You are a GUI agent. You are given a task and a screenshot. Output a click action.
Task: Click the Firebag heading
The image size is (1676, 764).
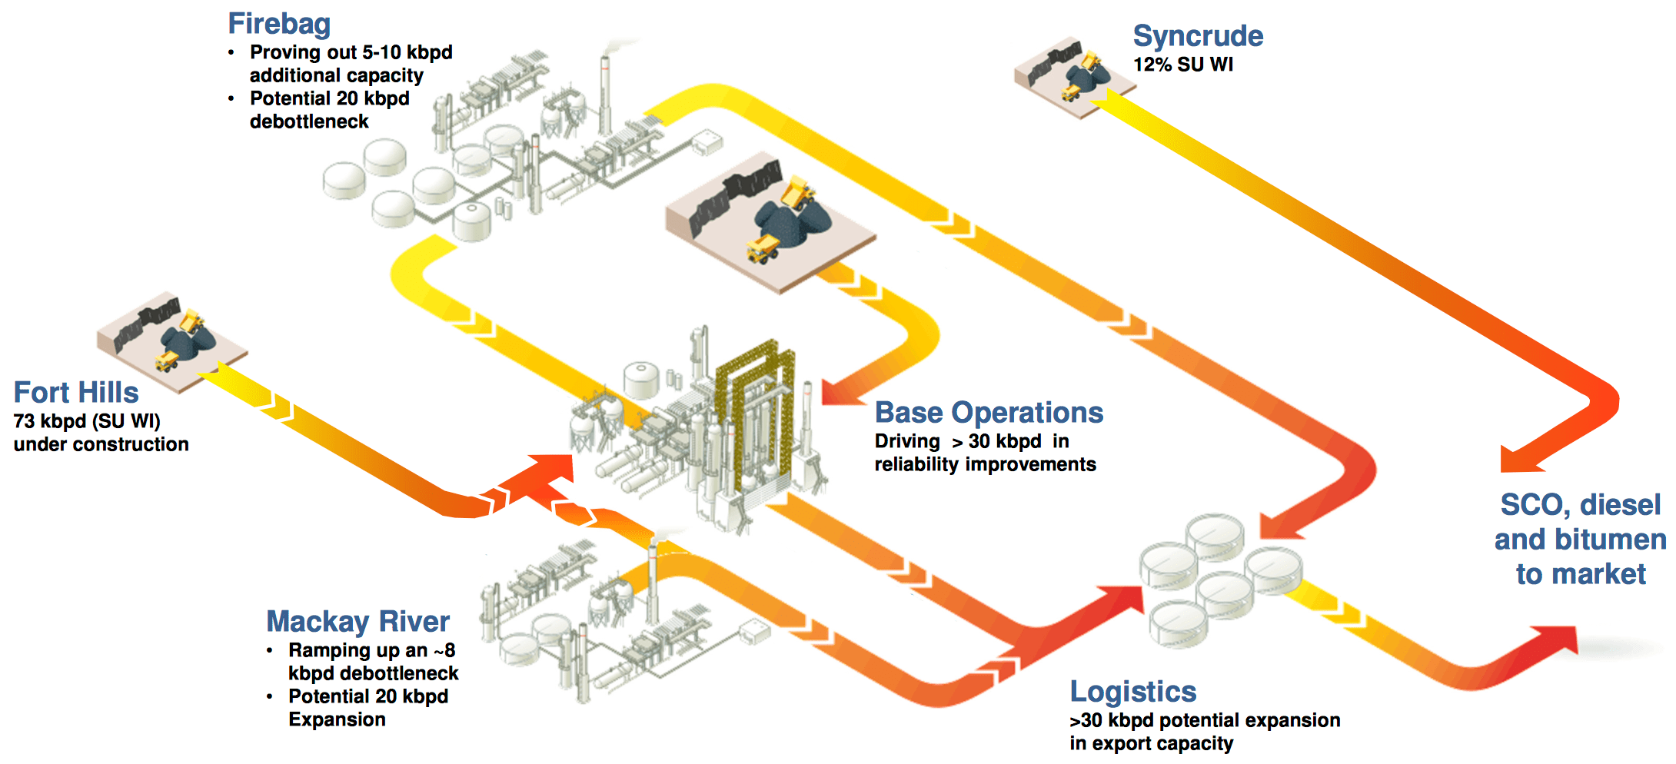tap(279, 24)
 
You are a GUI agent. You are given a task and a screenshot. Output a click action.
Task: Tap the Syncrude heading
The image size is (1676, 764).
tap(1197, 36)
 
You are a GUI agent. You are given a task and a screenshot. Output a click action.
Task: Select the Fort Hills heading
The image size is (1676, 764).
tap(76, 392)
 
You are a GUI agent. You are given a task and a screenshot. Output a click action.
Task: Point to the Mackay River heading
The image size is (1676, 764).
tap(357, 621)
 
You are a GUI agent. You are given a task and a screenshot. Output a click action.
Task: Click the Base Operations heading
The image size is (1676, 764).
tap(989, 413)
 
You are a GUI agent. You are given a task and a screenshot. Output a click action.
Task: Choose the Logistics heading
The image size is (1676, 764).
tap(1132, 692)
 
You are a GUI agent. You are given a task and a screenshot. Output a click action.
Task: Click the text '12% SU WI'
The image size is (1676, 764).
tap(1182, 65)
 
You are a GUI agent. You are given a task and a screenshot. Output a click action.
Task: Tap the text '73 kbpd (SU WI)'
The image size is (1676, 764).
tap(87, 421)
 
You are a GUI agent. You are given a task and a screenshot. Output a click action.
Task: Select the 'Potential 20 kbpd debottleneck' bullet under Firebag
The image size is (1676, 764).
tap(329, 110)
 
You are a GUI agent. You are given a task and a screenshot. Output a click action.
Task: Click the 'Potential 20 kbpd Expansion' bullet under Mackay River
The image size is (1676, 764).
tap(367, 708)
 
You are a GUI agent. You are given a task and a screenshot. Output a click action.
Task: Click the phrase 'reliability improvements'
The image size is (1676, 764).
tap(985, 464)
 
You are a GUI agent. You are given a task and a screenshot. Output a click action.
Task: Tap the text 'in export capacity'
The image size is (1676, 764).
tap(1151, 743)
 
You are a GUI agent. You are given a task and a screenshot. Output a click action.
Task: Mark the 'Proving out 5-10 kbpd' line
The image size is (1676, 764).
tap(351, 52)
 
